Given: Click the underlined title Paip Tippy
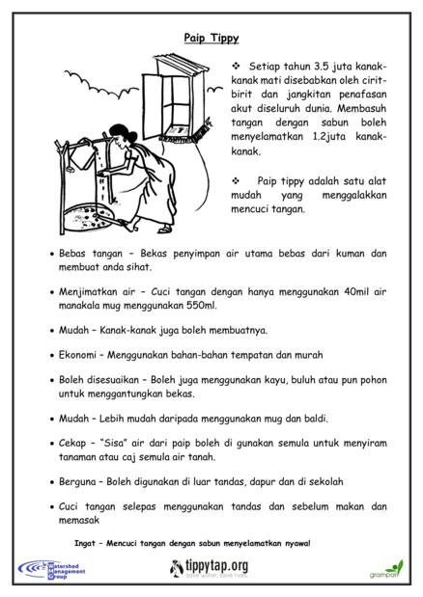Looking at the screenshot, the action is (x=211, y=38).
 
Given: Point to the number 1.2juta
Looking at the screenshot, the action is (x=329, y=136).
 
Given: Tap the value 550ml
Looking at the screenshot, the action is (x=202, y=306).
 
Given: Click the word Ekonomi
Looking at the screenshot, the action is (x=77, y=355).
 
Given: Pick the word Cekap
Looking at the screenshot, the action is (x=72, y=444).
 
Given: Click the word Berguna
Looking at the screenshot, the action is (x=77, y=482).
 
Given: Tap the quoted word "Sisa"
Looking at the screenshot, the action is (x=113, y=444).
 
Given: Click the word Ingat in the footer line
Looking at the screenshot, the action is (x=85, y=543).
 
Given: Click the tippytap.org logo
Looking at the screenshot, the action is (x=209, y=568).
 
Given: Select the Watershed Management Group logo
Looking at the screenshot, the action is (x=51, y=570).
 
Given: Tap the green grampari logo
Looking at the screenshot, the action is (x=386, y=569).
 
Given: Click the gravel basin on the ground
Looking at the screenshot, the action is (x=89, y=217).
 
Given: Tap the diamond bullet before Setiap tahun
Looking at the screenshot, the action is (x=236, y=67).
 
